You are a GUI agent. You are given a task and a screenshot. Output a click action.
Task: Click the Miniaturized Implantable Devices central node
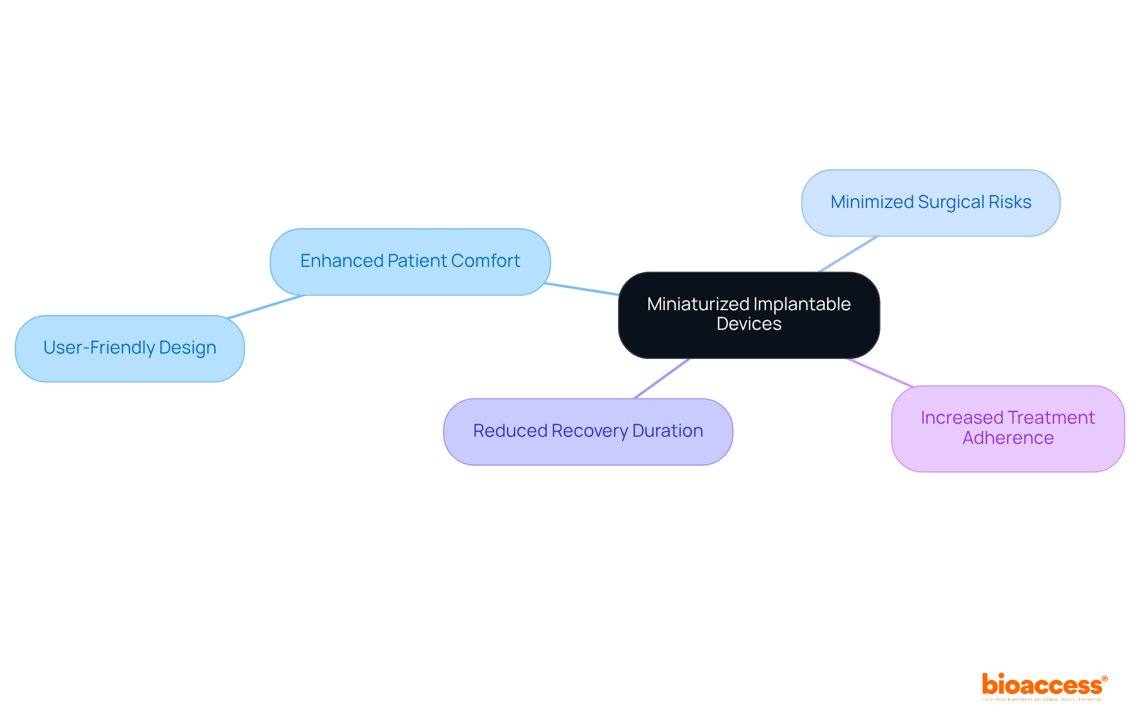coord(749,315)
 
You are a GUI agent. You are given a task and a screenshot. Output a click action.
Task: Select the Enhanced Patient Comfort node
coord(410,261)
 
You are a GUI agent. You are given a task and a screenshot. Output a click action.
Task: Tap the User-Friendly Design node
coord(129,348)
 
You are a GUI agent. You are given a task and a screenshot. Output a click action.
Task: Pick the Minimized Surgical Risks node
coord(930,203)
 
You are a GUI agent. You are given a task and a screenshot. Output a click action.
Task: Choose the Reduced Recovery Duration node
coord(588,431)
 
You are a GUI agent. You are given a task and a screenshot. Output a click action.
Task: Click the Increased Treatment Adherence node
coord(1008,428)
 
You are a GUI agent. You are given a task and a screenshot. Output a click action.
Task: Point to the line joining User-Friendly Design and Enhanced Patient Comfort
coord(266,307)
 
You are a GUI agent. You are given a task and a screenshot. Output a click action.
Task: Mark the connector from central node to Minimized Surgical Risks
coord(848,254)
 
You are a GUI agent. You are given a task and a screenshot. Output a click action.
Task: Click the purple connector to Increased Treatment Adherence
coord(880,373)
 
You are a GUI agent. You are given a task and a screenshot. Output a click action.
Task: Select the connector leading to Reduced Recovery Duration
coord(661,379)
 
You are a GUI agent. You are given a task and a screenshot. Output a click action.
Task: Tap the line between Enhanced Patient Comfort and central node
coord(582,289)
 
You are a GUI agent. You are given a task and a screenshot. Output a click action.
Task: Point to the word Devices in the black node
coord(749,324)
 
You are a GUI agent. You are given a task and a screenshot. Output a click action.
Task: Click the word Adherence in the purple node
coord(1008,438)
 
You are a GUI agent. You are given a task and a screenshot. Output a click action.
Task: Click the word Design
coord(188,348)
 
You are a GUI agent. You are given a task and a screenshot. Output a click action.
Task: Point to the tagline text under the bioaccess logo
coord(1042,699)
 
